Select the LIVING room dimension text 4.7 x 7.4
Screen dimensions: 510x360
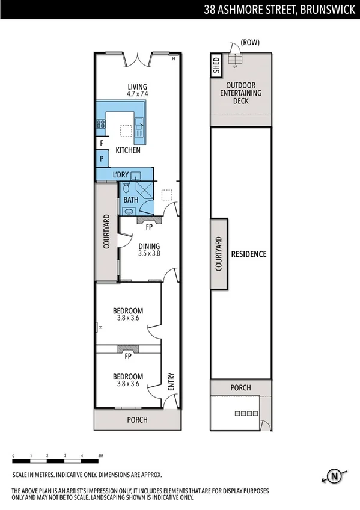[137, 94]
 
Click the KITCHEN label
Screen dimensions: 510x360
[128, 150]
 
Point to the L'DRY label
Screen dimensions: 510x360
[121, 175]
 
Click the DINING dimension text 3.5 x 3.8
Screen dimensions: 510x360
[148, 254]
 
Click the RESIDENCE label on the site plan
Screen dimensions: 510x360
[249, 254]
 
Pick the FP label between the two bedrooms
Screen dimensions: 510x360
[127, 357]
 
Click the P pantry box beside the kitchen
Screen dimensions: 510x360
[102, 159]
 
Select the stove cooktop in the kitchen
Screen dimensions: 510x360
[101, 125]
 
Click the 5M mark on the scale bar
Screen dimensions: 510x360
[100, 456]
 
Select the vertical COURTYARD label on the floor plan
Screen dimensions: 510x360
[106, 232]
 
